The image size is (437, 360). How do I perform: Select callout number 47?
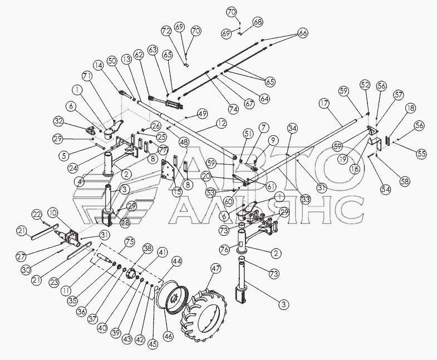point(215,269)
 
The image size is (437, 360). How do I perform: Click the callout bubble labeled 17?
point(324,103)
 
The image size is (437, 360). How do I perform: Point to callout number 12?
point(221,124)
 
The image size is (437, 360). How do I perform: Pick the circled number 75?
point(130,241)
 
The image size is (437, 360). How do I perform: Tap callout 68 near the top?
point(258,22)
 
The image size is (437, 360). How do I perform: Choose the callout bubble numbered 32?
point(59,121)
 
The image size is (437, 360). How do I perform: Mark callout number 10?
point(52,213)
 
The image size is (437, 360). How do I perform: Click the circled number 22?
point(37,215)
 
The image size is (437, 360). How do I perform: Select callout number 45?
point(153,344)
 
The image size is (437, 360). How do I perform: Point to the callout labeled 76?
point(225,249)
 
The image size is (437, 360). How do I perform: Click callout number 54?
point(386,190)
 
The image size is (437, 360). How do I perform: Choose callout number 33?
point(306,200)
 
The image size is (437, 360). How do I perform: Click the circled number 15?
point(177,192)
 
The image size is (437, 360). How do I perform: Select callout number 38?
point(148,248)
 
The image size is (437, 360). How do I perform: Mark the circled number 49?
point(203,114)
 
